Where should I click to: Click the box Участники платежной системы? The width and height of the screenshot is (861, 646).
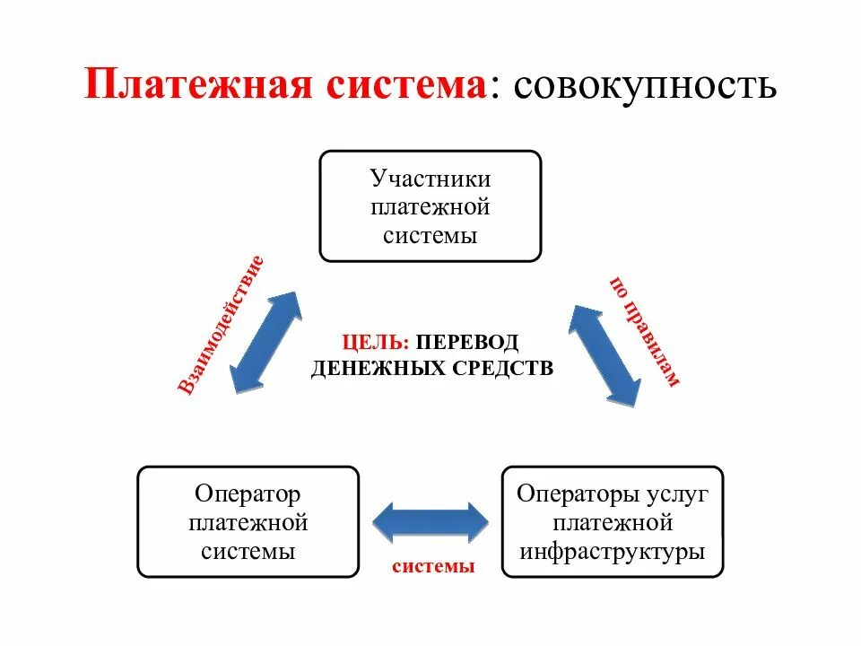click(x=430, y=206)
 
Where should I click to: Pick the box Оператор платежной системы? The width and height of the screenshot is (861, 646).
click(x=248, y=521)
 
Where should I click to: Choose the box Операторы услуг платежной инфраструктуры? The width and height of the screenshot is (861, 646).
click(x=613, y=521)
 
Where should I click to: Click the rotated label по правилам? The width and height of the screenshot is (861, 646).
click(x=645, y=329)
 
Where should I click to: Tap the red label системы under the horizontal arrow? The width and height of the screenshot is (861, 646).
click(x=432, y=567)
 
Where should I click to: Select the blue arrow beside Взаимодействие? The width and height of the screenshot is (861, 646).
click(x=266, y=342)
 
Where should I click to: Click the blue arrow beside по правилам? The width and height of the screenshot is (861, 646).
click(x=605, y=355)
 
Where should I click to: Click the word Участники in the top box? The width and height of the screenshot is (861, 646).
click(x=430, y=178)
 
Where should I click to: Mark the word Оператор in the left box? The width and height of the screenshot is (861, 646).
click(x=248, y=493)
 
